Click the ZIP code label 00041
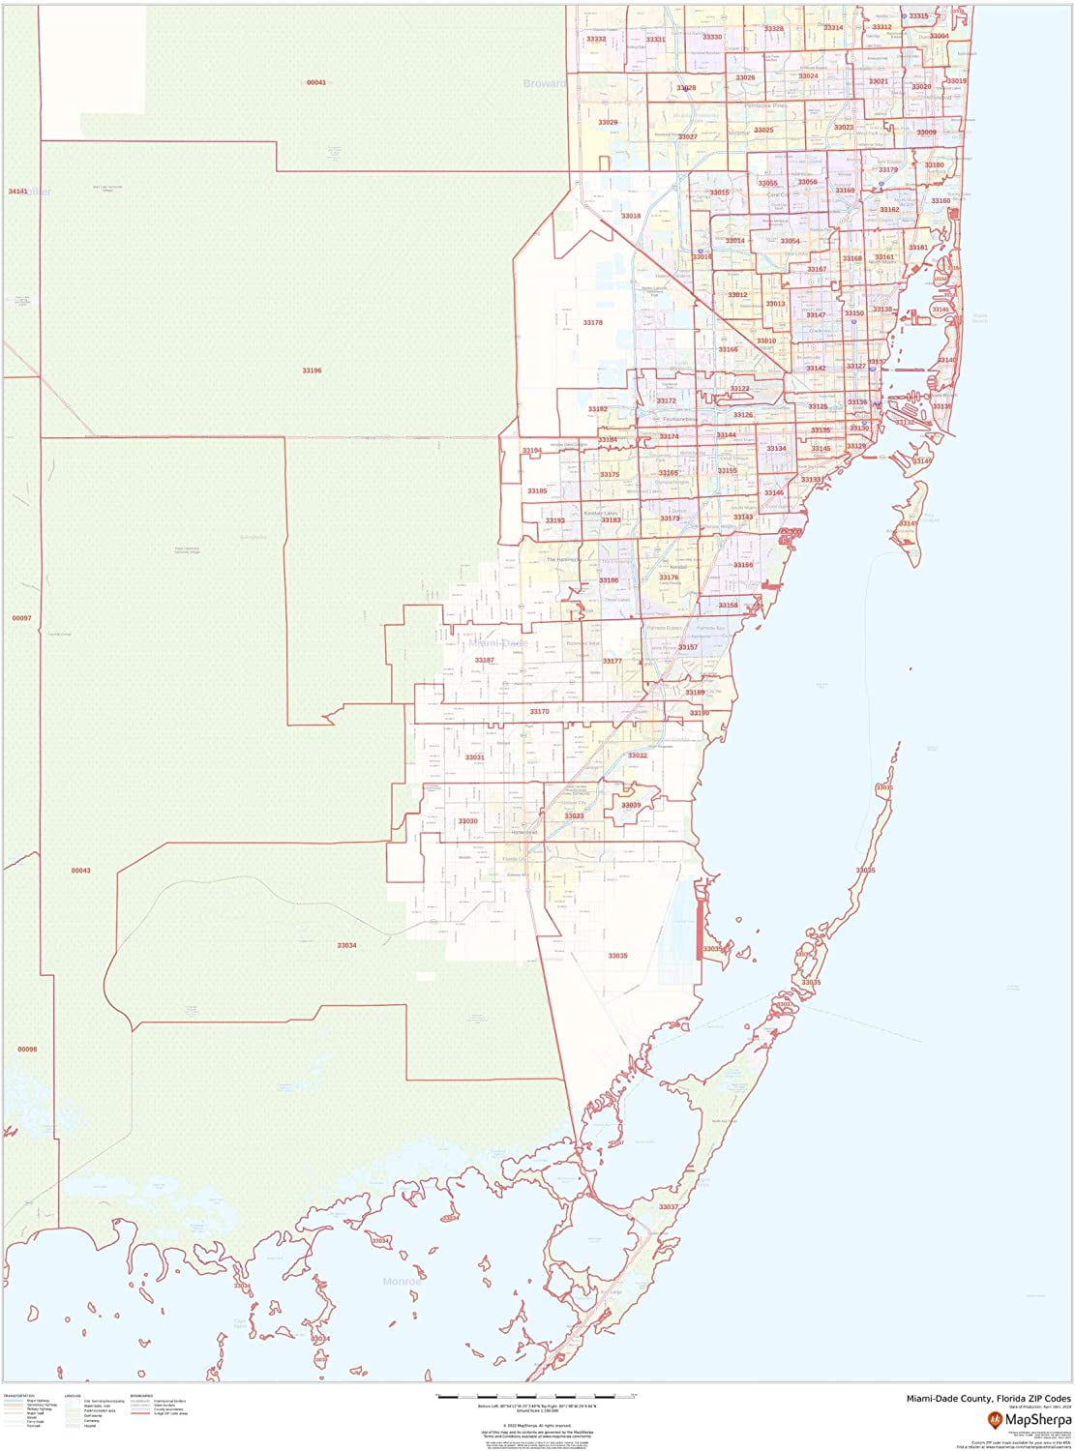click(316, 83)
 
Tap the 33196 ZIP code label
click(312, 370)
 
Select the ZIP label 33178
click(592, 323)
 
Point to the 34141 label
click(17, 192)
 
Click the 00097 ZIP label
click(21, 618)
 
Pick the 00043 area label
click(80, 871)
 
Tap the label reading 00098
click(26, 1050)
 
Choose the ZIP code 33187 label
click(484, 660)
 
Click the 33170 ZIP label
click(539, 711)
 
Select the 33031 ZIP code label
click(474, 757)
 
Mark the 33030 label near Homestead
click(467, 821)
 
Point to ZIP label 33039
click(631, 805)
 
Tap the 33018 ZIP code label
click(631, 216)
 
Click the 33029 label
click(608, 123)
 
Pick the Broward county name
click(544, 84)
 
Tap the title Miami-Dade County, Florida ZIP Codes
click(988, 1398)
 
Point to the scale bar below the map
click(536, 1396)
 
